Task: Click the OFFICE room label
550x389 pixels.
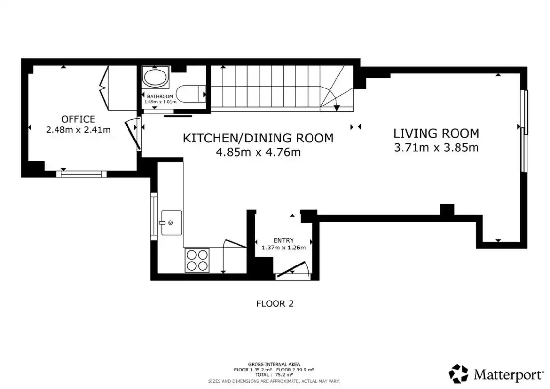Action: pos(78,119)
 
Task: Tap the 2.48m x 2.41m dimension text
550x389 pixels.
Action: pos(78,130)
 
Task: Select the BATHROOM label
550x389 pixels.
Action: pos(160,96)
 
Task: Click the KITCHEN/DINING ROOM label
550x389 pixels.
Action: pos(258,138)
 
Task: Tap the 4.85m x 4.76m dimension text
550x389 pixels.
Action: pos(258,152)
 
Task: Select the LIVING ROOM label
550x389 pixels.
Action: pos(436,134)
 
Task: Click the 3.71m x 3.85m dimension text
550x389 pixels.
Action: pos(436,147)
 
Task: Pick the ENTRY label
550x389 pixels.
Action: pos(283,240)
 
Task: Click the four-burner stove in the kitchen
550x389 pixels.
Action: pos(197,260)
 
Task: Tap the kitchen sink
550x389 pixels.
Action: pos(171,223)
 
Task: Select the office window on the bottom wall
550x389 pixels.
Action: pos(81,174)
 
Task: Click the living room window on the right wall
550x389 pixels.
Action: pos(524,131)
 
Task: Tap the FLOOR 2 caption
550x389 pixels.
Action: pos(275,303)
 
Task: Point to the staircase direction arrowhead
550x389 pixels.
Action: pos(336,108)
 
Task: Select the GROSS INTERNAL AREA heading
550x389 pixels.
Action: pos(274,365)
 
